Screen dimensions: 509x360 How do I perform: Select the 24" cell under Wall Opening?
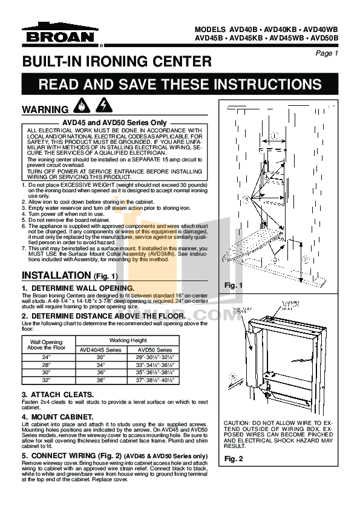pos(46,358)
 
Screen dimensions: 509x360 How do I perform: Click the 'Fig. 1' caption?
pos(233,285)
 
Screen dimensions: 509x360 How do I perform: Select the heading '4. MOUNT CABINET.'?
pos(57,417)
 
